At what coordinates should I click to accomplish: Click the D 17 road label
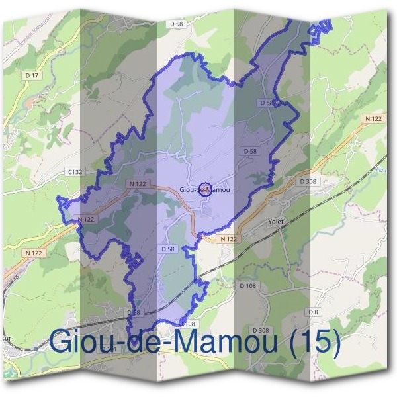[32, 76]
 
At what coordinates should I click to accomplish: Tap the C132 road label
[74, 171]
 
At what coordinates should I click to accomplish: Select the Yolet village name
[275, 222]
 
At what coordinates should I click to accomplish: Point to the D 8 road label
[312, 312]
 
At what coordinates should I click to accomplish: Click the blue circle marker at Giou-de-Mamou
[205, 189]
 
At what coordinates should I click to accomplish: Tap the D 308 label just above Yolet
[308, 181]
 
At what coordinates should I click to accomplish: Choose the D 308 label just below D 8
[261, 330]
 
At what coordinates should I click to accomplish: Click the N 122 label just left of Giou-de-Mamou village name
[138, 184]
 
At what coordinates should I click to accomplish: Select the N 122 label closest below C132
[86, 219]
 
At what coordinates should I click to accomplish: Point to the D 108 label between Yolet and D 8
[247, 285]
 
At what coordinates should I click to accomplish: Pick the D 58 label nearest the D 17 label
[175, 24]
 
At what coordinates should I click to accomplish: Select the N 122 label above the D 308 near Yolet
[373, 119]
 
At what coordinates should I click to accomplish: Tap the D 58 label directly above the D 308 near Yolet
[249, 152]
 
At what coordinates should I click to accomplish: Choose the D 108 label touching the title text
[187, 324]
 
